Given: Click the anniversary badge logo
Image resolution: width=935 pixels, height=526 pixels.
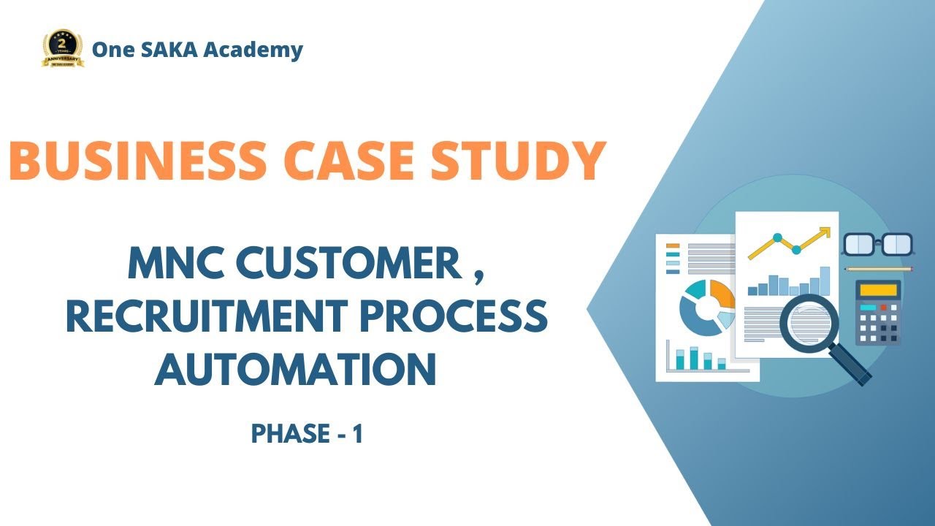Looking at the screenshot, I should (63, 49).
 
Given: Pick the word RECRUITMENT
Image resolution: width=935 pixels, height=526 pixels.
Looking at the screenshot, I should (205, 316).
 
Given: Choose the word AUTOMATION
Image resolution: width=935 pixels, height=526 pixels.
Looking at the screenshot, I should (295, 369).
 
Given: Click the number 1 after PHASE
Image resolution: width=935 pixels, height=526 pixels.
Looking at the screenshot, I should (357, 435).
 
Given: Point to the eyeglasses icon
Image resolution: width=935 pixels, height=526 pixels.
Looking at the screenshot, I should (878, 244).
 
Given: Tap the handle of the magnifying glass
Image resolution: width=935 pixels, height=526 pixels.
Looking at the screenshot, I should (851, 365).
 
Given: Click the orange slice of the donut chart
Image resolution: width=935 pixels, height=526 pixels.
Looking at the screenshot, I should (722, 293).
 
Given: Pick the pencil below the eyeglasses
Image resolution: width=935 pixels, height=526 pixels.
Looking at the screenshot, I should (879, 269).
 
